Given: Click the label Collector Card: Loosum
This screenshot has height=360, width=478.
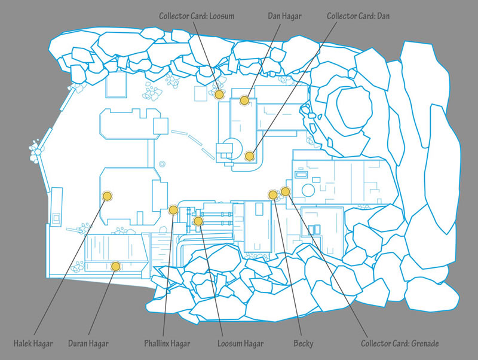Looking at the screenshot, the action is (x=197, y=16).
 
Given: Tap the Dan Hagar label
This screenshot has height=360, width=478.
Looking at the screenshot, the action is (x=284, y=16).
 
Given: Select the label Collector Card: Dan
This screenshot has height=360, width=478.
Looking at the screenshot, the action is (x=358, y=16).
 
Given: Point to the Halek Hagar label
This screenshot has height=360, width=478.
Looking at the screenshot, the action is (x=33, y=344).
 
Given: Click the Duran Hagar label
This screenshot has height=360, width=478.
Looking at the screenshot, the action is (x=88, y=344).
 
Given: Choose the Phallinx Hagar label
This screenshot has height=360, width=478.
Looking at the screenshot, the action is (x=167, y=344).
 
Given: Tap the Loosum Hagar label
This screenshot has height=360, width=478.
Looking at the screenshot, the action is (x=241, y=344).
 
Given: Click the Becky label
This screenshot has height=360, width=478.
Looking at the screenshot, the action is (x=304, y=344).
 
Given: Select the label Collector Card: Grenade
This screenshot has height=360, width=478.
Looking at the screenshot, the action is (x=400, y=344).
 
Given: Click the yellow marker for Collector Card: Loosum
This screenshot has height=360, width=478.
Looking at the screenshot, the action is (x=219, y=94).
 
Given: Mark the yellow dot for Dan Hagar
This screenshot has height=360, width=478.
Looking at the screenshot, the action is (x=244, y=100).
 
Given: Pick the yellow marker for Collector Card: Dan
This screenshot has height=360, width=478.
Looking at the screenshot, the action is (x=250, y=156).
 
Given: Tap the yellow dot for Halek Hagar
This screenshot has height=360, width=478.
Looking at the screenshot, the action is (x=107, y=196).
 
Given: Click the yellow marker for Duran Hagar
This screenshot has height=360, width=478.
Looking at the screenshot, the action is (x=115, y=266).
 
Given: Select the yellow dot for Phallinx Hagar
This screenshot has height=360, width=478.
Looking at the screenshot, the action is (x=173, y=210).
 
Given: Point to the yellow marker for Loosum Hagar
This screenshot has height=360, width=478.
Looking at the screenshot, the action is (x=198, y=221).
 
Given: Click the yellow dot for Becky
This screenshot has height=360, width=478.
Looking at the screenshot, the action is (x=273, y=194).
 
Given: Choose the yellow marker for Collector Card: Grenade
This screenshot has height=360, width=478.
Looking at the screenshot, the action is (x=286, y=191).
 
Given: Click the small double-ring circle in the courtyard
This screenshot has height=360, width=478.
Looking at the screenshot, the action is (x=163, y=164).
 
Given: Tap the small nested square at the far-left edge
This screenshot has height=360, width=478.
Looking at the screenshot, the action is (x=57, y=218).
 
